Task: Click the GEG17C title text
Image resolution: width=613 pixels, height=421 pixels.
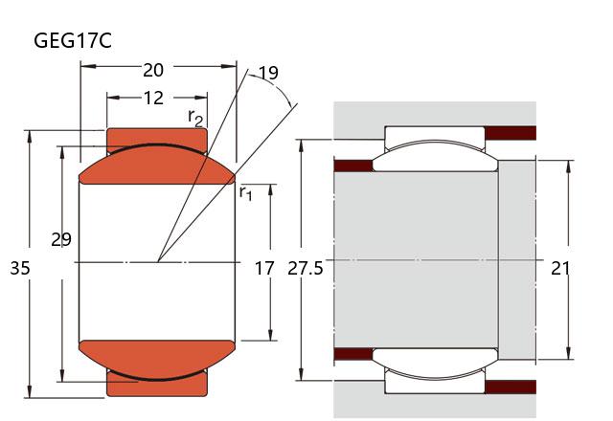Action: (x=72, y=41)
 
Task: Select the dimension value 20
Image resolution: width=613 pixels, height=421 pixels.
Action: (x=153, y=70)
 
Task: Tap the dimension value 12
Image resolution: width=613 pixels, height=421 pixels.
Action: (x=153, y=98)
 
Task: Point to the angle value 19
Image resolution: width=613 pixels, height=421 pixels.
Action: (x=268, y=73)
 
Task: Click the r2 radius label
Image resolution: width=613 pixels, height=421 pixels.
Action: (x=195, y=118)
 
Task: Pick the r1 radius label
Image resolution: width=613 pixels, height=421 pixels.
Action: (x=246, y=192)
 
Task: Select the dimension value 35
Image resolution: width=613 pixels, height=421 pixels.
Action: (x=20, y=269)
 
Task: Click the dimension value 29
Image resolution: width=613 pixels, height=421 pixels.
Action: (x=61, y=240)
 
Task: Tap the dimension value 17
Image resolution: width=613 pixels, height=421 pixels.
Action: (x=264, y=269)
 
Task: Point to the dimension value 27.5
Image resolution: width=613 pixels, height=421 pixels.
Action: (x=306, y=269)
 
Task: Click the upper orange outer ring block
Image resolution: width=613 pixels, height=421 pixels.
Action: (x=157, y=136)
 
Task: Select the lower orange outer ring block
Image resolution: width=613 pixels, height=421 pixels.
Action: (x=157, y=386)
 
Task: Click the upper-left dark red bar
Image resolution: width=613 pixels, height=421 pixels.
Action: (x=352, y=166)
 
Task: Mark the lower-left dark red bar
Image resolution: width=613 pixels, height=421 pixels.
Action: (x=352, y=354)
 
